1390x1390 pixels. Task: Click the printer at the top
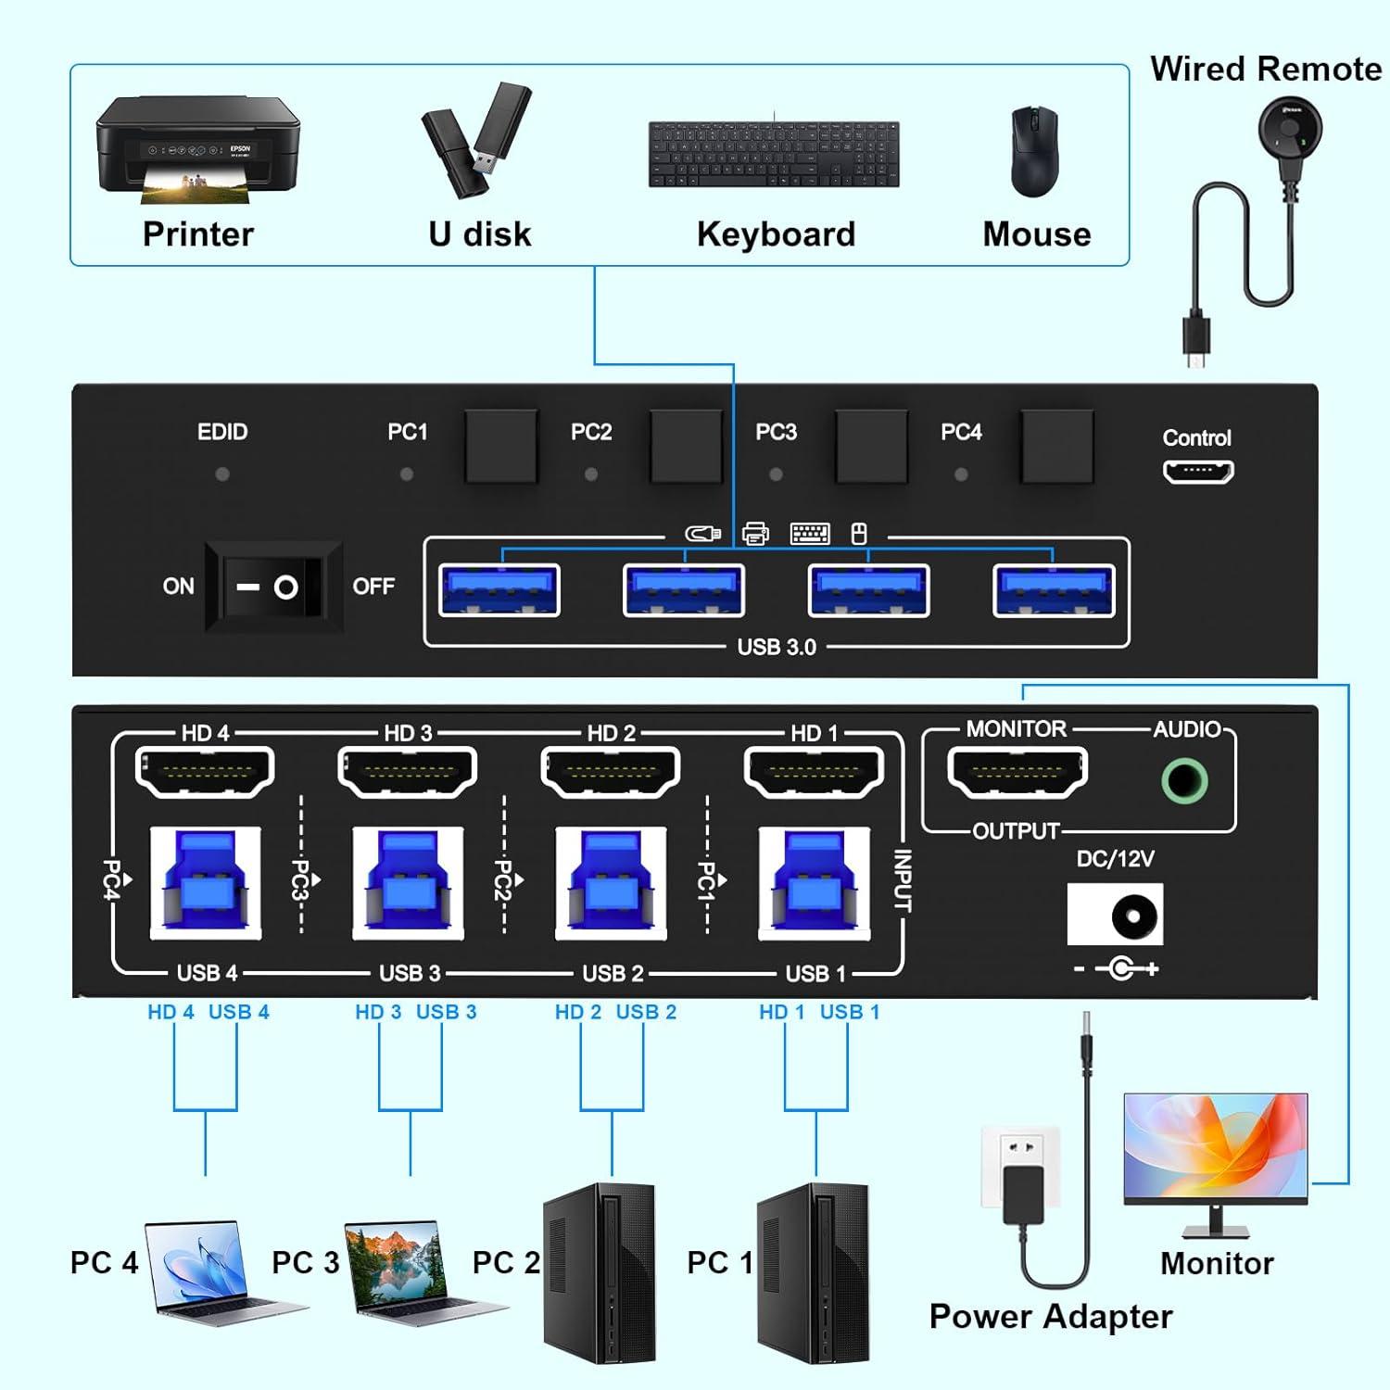pos(198,148)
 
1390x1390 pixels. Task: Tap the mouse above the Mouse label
pos(1034,151)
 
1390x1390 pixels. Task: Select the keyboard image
pos(774,154)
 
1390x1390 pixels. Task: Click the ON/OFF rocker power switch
pos(273,587)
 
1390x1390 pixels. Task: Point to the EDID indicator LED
pos(222,474)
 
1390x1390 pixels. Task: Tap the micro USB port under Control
pos(1197,472)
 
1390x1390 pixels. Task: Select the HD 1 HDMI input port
pos(814,772)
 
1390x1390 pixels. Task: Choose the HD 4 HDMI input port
pos(205,772)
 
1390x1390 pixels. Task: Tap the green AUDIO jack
pos(1184,780)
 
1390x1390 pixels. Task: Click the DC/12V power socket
pos(1115,915)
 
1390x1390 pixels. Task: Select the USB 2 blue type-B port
pos(611,883)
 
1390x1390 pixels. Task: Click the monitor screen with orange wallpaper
pos(1215,1147)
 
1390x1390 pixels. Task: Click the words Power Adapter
pos(1050,1317)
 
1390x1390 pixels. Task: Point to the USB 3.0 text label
pos(777,648)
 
